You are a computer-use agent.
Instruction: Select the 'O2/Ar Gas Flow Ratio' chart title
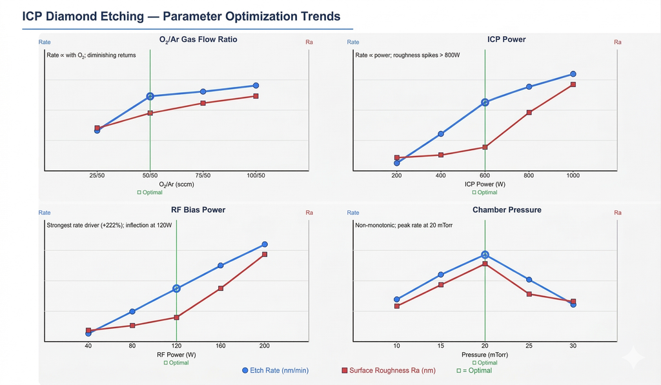[198, 39]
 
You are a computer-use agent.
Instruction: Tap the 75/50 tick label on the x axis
[203, 176]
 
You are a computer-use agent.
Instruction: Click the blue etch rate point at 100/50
[256, 86]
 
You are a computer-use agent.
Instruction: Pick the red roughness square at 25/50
[97, 128]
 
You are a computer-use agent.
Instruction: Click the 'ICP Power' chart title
[506, 39]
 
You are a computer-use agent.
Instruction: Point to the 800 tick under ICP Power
[529, 176]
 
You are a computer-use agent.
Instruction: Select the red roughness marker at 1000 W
[573, 84]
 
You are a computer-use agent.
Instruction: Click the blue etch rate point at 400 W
[441, 134]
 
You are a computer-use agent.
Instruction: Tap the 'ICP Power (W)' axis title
[484, 184]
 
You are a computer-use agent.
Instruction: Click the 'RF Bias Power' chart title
[198, 210]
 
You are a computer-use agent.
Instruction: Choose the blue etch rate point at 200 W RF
[264, 244]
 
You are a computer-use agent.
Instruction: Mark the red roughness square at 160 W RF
[220, 288]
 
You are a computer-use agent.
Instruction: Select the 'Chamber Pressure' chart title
[506, 210]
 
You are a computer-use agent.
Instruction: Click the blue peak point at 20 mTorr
[485, 255]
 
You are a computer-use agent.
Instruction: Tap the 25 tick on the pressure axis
[529, 346]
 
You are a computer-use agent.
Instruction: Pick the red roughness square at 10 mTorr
[397, 306]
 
